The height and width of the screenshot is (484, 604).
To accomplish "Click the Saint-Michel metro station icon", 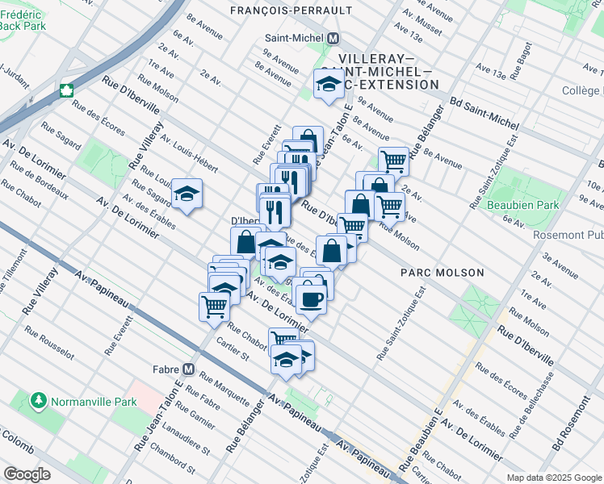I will pos(333,38).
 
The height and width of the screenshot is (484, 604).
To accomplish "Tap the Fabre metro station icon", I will pos(189,369).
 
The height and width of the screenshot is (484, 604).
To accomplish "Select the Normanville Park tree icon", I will pos(37,400).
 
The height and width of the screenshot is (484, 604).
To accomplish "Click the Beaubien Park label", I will pos(525,205).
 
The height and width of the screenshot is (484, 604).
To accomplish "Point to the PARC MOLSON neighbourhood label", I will pos(443,273).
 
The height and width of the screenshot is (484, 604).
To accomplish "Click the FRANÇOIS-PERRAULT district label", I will pos(291,10).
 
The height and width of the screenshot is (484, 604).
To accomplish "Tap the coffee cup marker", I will pos(310,299).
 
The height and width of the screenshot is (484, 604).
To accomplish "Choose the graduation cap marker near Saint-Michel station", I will pos(329,84).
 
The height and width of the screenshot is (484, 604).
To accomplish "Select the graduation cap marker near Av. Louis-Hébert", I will pos(187,194).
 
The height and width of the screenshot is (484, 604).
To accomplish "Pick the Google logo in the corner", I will pos(26,474).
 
